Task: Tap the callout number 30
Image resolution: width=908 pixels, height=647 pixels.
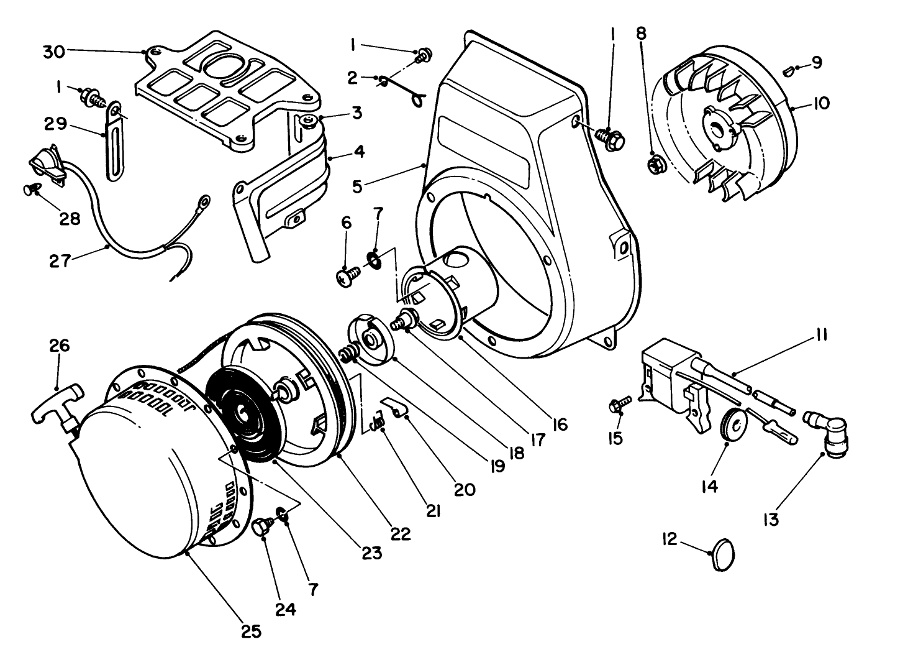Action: pos(54,52)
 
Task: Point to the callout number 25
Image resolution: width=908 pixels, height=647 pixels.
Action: pos(252,631)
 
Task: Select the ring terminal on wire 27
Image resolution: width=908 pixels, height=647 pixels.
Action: pos(202,201)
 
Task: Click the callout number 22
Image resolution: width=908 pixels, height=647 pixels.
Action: pos(401,534)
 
